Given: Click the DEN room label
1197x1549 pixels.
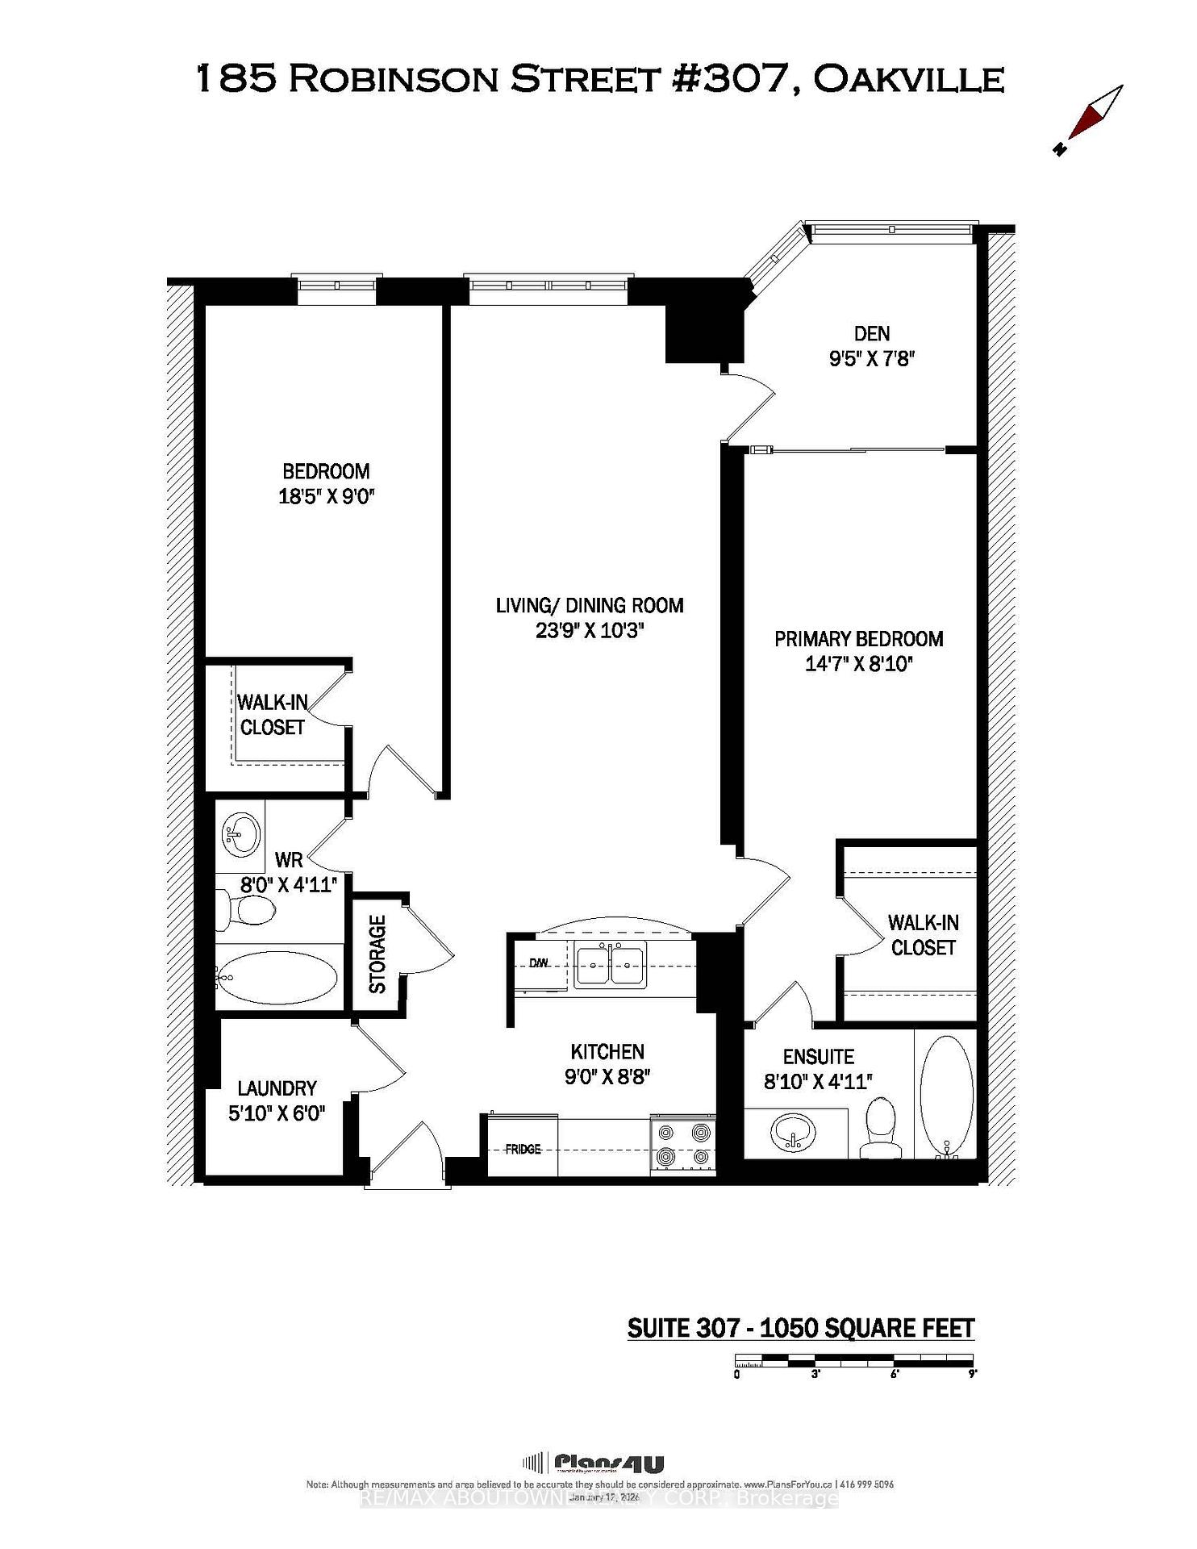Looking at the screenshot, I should click(871, 333).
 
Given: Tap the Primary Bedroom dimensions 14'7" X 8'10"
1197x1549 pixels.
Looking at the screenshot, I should click(859, 664).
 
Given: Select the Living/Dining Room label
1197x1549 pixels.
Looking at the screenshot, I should click(590, 605).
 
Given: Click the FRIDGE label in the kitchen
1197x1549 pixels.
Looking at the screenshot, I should click(523, 1149).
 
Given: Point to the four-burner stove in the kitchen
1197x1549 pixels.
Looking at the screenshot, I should click(683, 1145).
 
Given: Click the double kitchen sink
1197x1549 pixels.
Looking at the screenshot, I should click(611, 966).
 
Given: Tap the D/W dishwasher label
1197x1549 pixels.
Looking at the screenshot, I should click(539, 962).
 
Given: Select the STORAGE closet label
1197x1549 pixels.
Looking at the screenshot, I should click(377, 954).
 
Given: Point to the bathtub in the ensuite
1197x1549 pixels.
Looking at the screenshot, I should click(946, 1093).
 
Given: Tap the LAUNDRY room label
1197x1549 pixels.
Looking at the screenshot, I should click(277, 1088).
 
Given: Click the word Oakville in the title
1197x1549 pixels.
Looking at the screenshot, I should click(908, 79).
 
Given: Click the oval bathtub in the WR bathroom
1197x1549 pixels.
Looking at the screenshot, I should click(277, 977).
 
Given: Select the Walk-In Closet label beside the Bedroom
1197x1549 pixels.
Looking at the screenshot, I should click(273, 715).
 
